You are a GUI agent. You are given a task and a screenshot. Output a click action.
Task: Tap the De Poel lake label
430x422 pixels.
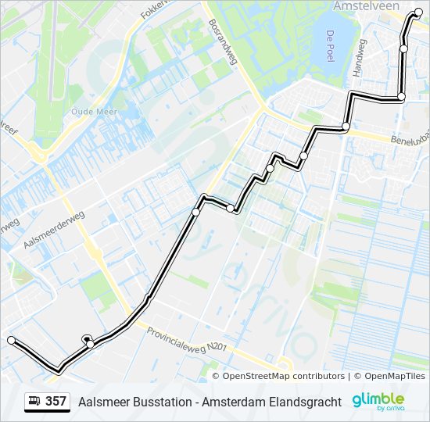tap(330, 41)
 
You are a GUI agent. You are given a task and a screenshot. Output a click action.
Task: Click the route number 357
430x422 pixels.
tap(56, 402)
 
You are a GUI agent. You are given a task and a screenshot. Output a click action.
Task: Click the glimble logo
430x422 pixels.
tap(378, 401)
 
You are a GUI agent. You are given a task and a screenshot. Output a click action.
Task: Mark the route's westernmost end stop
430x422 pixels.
tap(11, 340)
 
